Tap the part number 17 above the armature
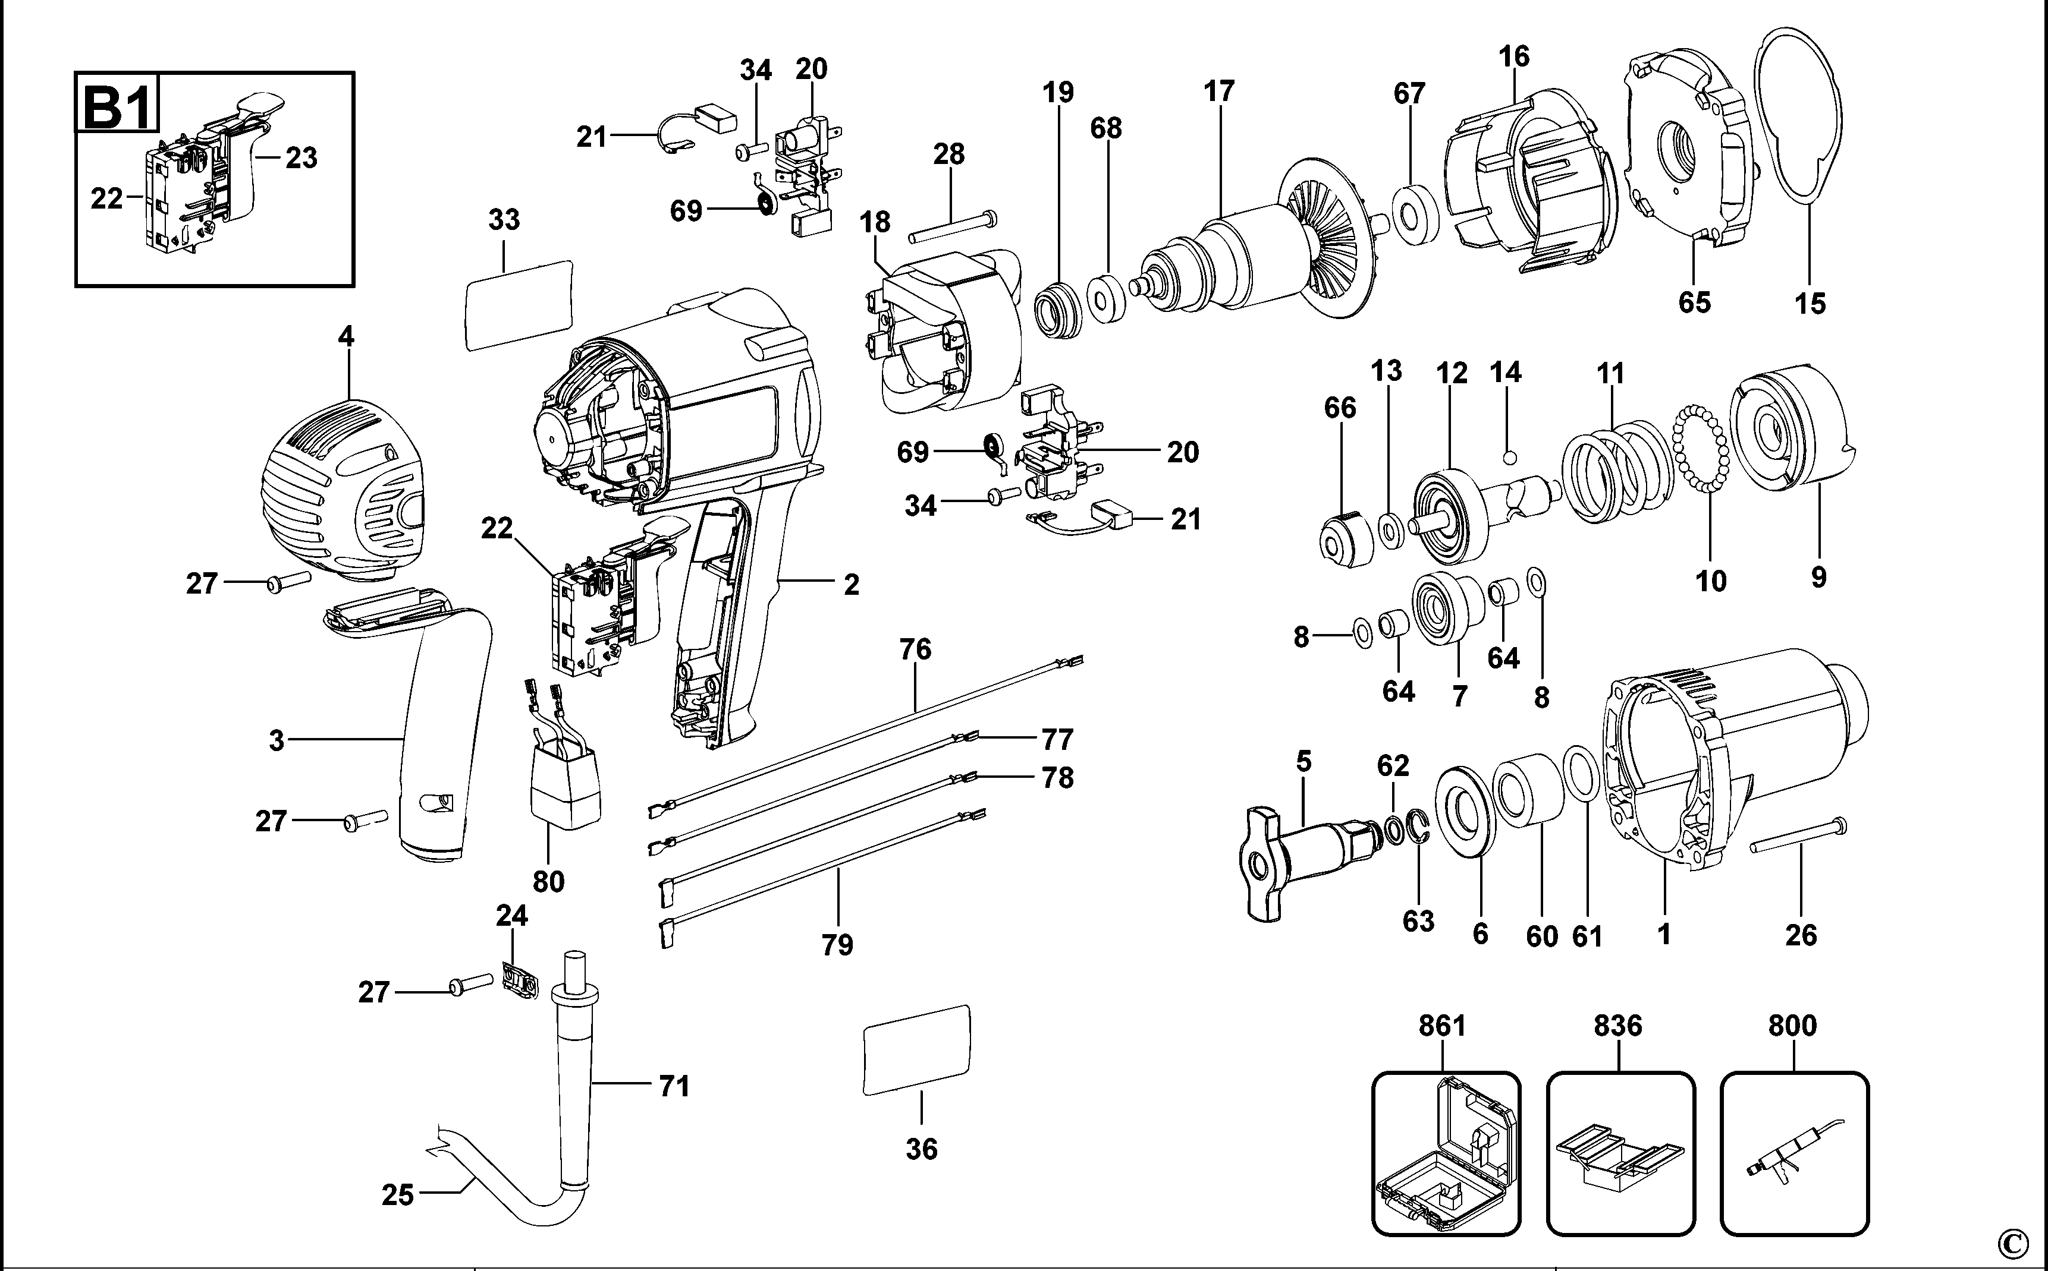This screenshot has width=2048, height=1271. coord(1218,91)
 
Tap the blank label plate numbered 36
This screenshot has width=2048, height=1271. coord(917,1050)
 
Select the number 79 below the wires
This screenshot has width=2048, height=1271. coord(837,945)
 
